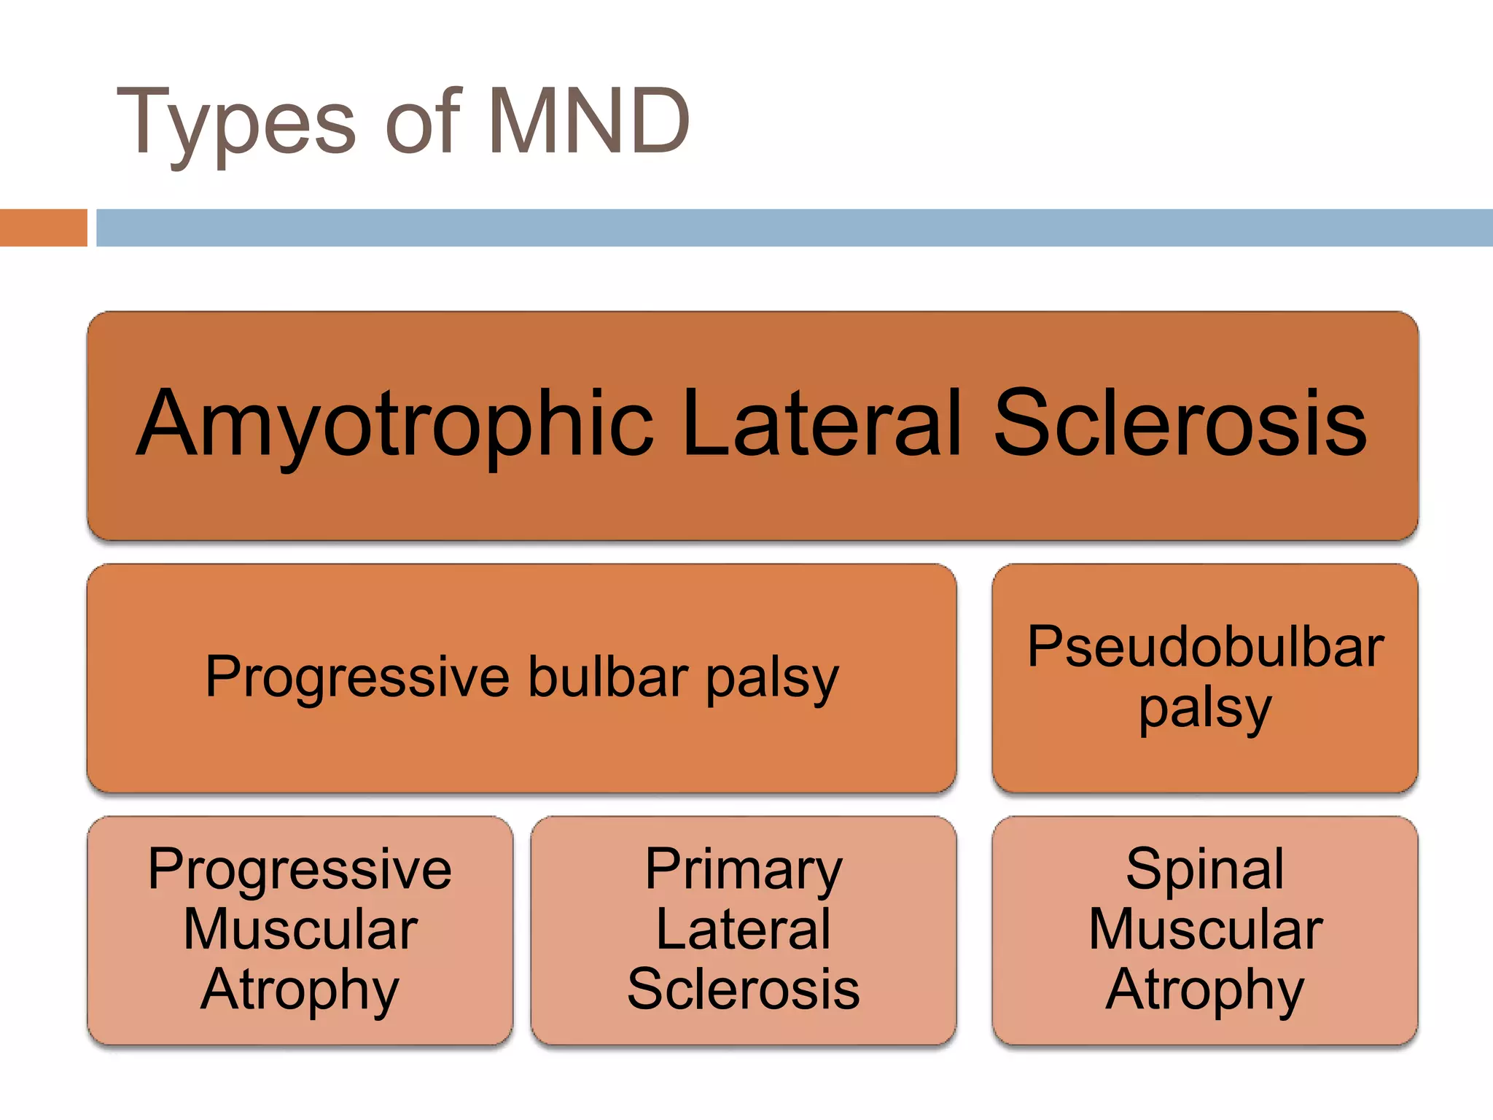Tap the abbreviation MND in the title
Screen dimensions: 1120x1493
click(x=588, y=120)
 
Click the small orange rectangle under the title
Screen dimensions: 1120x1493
click(x=43, y=227)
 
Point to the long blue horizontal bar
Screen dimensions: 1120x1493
click(x=793, y=227)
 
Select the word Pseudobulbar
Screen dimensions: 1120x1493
click(x=1204, y=647)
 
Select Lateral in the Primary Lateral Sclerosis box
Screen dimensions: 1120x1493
click(x=744, y=929)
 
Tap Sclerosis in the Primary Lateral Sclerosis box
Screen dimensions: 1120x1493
click(x=744, y=989)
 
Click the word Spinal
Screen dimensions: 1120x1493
click(x=1204, y=869)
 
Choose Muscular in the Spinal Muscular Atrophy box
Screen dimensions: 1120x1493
click(x=1204, y=929)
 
